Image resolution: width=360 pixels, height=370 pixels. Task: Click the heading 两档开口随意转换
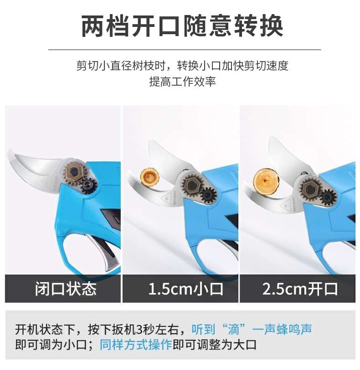tap(182, 26)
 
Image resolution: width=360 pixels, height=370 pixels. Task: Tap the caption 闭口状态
tap(66, 288)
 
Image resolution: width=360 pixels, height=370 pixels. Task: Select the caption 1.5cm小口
tap(185, 289)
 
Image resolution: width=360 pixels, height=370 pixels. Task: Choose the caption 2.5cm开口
tap(300, 289)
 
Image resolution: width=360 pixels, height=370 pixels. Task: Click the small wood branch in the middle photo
tap(149, 177)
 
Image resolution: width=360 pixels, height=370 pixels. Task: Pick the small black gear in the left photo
tap(90, 185)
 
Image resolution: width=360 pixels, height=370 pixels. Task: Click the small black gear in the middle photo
tap(208, 195)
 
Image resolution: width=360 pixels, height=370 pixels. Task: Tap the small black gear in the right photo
tap(328, 196)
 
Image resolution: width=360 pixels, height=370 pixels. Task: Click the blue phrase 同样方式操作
tap(136, 345)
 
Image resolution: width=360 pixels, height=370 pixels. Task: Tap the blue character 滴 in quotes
tap(234, 329)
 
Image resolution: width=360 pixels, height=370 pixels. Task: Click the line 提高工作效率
tap(182, 82)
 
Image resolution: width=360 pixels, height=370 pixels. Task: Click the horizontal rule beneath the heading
tap(185, 50)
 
